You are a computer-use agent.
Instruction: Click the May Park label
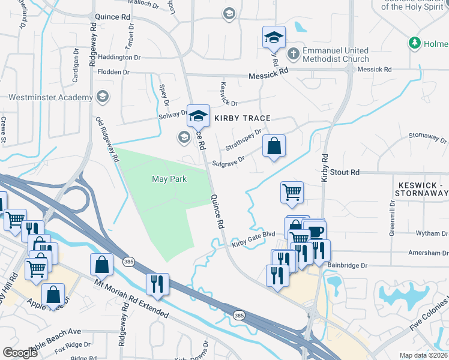(169, 179)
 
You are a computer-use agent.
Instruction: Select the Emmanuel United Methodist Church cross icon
(293, 54)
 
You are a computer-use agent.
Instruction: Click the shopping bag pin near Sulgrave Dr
(274, 146)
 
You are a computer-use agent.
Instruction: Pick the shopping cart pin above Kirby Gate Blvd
(292, 193)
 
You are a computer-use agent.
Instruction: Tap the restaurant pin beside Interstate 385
(157, 284)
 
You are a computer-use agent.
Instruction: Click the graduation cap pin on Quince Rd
(197, 115)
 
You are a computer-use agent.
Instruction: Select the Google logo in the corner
(20, 353)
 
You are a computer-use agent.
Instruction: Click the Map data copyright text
(424, 355)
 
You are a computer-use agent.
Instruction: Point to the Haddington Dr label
(119, 57)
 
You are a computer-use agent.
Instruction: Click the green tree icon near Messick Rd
(414, 43)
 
